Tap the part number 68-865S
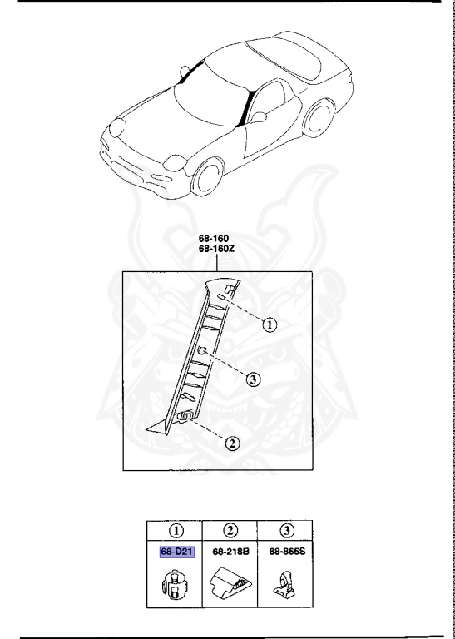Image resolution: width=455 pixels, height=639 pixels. click(284, 551)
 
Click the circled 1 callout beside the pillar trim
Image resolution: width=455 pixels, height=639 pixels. click(269, 325)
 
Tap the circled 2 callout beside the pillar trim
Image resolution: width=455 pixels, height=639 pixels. click(234, 443)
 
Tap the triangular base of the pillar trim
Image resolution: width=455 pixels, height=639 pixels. click(157, 428)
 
